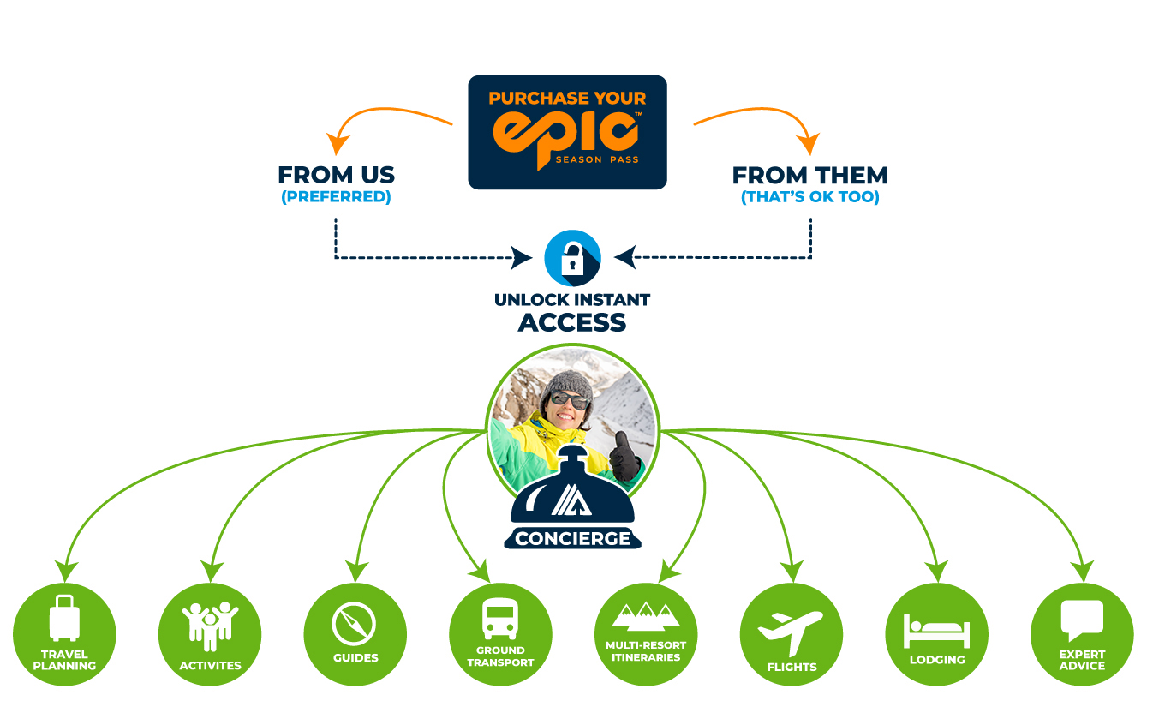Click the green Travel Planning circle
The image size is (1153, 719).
tap(64, 634)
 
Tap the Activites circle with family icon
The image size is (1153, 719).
tap(210, 621)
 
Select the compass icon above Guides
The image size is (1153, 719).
tap(355, 625)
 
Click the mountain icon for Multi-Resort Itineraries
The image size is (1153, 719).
tap(646, 616)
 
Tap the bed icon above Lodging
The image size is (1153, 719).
tap(936, 631)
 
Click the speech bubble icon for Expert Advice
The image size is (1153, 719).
tap(1082, 620)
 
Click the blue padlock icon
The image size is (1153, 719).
tap(572, 258)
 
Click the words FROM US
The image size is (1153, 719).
tap(336, 176)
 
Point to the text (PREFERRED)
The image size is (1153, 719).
tap(336, 197)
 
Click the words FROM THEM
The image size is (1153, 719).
tap(809, 176)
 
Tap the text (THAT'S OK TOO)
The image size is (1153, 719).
tap(809, 197)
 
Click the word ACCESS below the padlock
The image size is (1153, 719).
tap(571, 322)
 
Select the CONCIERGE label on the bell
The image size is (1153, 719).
tap(572, 539)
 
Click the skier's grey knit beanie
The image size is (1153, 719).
tap(565, 381)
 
